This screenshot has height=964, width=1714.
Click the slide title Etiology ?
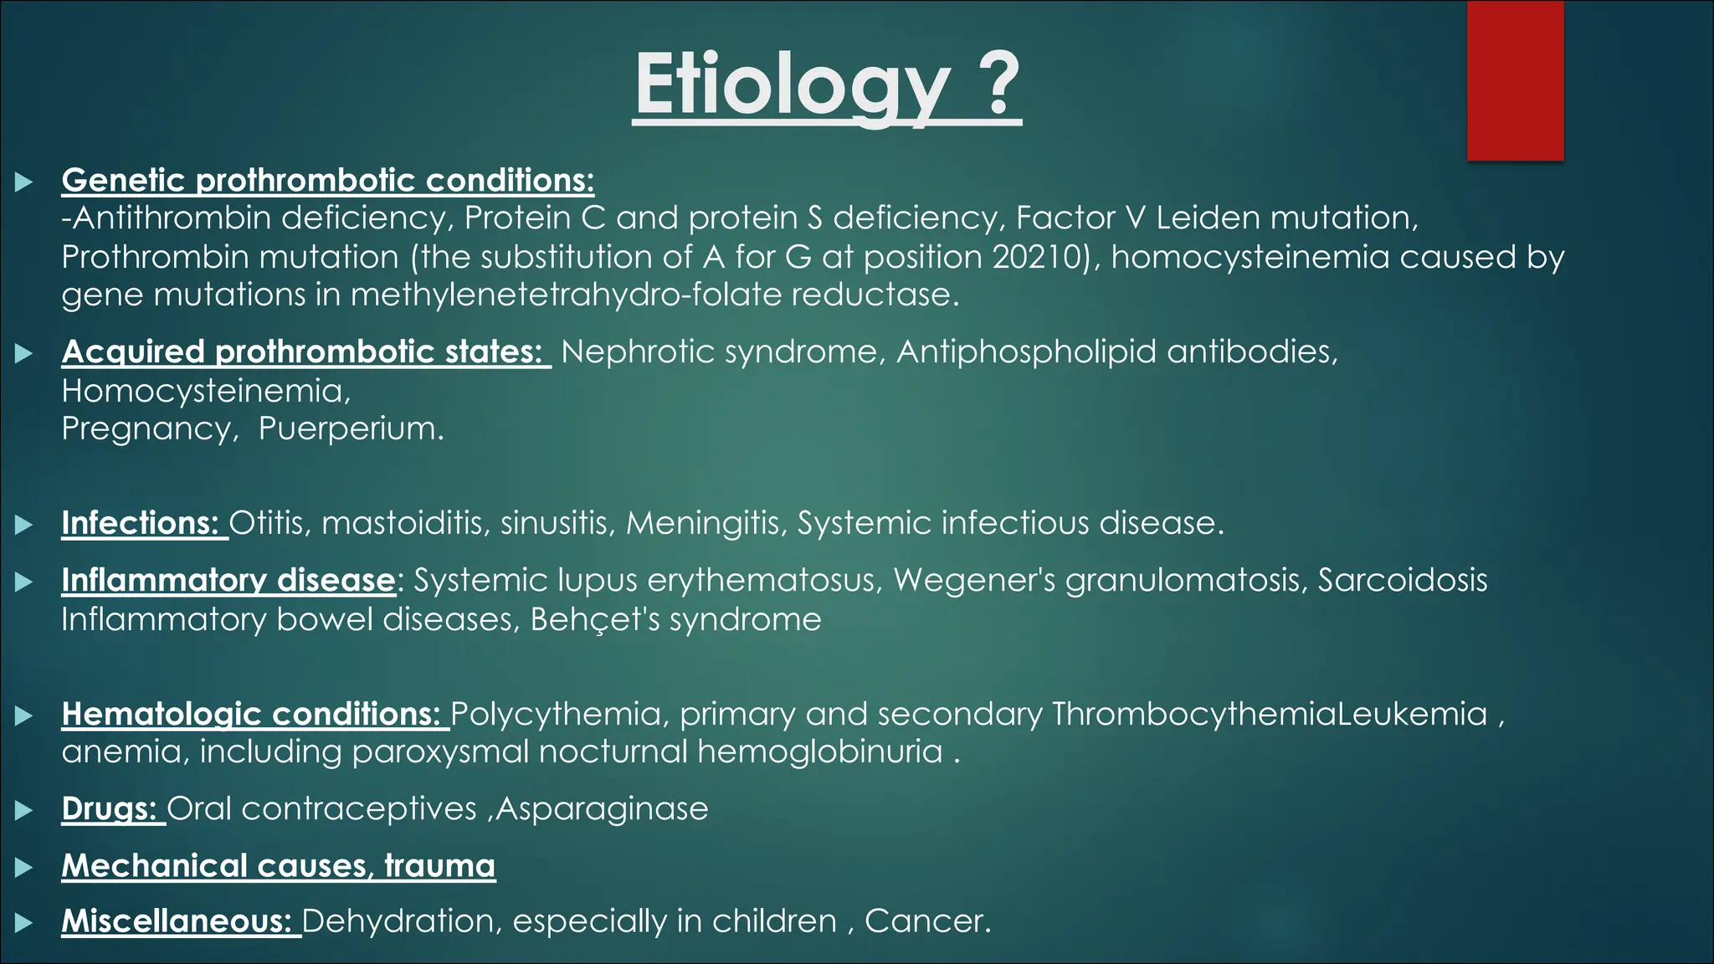(826, 85)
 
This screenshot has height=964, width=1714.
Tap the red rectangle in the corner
(1515, 80)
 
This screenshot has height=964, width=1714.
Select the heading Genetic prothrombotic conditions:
(327, 181)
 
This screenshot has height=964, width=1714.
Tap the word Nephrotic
(637, 351)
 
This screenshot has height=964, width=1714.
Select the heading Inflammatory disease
(228, 580)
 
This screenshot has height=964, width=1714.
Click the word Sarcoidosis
(1403, 580)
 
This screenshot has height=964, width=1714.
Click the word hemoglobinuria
(819, 751)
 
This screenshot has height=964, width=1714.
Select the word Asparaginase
(603, 809)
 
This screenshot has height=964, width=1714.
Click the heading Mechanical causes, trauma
(278, 865)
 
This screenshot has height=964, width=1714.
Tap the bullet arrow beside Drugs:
(24, 810)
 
